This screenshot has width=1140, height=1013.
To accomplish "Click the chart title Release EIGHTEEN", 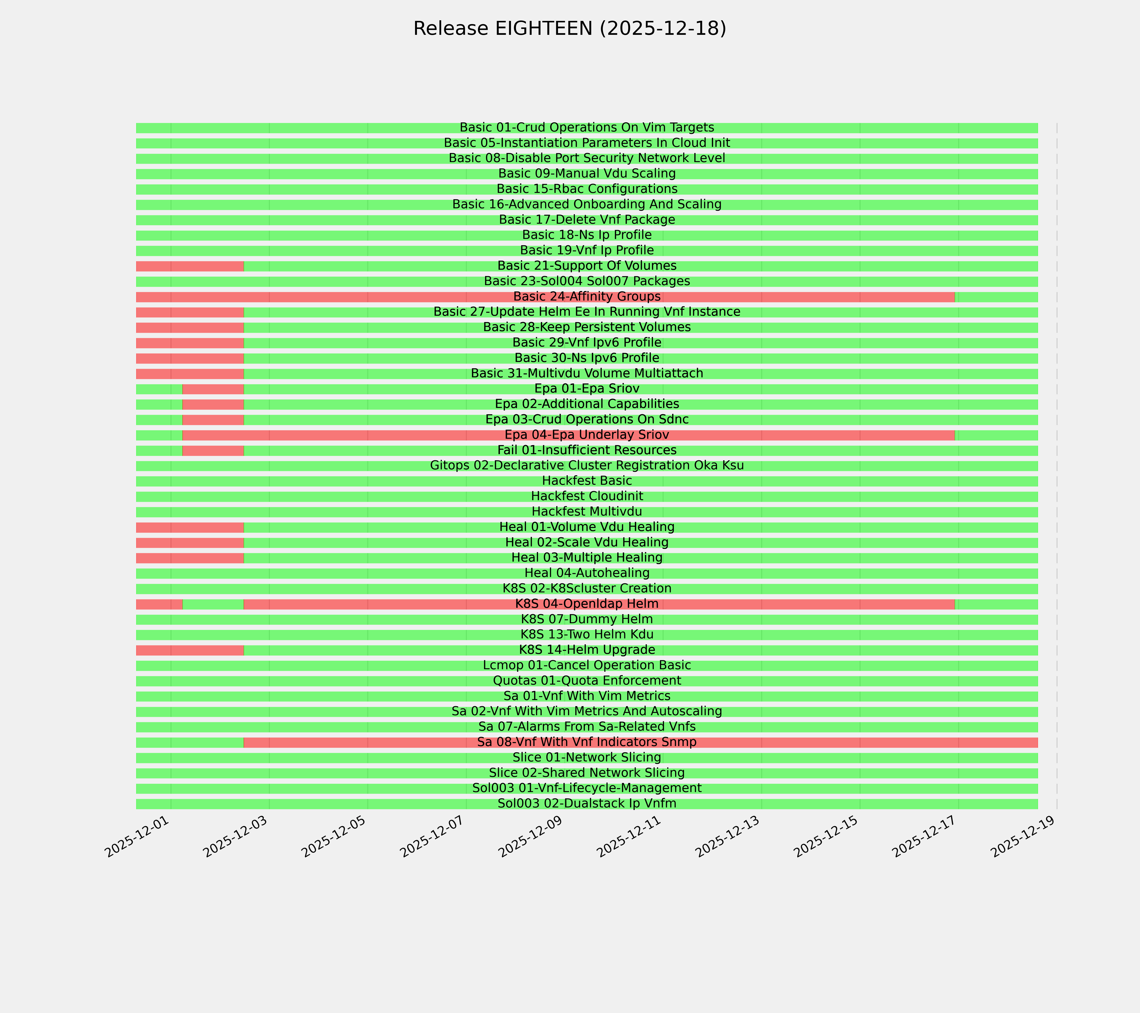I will point(569,28).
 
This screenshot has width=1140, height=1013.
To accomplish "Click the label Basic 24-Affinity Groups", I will point(587,297).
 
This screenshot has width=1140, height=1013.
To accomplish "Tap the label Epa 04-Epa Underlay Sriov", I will point(587,435).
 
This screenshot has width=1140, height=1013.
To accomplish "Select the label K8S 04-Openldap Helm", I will point(587,604).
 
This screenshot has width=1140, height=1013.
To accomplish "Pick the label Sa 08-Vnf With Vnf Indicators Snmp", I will point(587,742).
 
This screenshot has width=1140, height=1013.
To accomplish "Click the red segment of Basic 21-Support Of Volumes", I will point(190,266).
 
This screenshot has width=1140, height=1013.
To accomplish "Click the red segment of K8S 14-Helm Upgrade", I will point(190,650).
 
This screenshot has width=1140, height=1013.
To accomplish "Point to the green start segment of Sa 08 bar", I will point(190,742).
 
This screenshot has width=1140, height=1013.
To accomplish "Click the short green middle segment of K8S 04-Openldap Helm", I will point(213,604).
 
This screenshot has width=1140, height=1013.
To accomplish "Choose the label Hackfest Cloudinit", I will point(587,496).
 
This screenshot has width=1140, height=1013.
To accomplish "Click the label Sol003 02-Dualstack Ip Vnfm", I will point(587,803).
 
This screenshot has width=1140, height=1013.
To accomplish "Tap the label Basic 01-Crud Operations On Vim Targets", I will point(587,128).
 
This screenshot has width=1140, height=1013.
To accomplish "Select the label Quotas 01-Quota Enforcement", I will point(587,681).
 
